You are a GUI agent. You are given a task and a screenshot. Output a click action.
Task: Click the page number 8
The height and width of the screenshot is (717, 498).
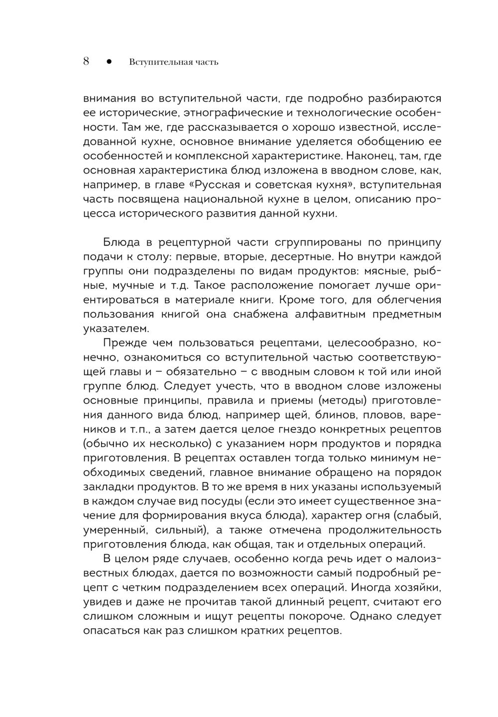pyautogui.click(x=86, y=62)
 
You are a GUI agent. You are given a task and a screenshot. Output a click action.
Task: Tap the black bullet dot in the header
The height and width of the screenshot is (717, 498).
pyautogui.click(x=109, y=62)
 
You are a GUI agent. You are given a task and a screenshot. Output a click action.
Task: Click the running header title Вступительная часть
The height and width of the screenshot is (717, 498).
pyautogui.click(x=174, y=62)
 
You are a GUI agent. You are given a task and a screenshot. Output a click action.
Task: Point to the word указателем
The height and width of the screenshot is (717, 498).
pyautogui.click(x=116, y=329)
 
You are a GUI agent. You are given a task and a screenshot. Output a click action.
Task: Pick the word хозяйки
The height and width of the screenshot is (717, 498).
pyautogui.click(x=418, y=587)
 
